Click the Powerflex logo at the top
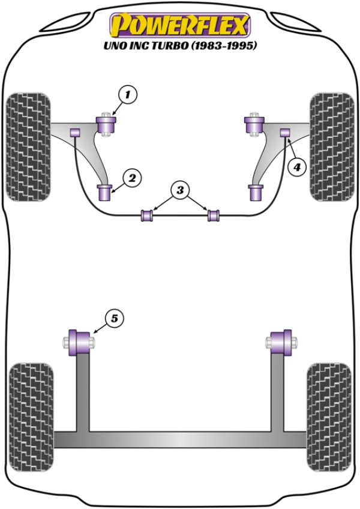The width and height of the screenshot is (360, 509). point(179,25)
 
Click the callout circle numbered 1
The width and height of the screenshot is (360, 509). point(127,94)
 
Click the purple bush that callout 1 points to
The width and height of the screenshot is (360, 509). point(108,125)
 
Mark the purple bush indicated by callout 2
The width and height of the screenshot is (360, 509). point(106,193)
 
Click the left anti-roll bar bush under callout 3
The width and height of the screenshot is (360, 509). point(146,214)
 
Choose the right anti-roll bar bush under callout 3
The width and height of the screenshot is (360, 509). point(213,214)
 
